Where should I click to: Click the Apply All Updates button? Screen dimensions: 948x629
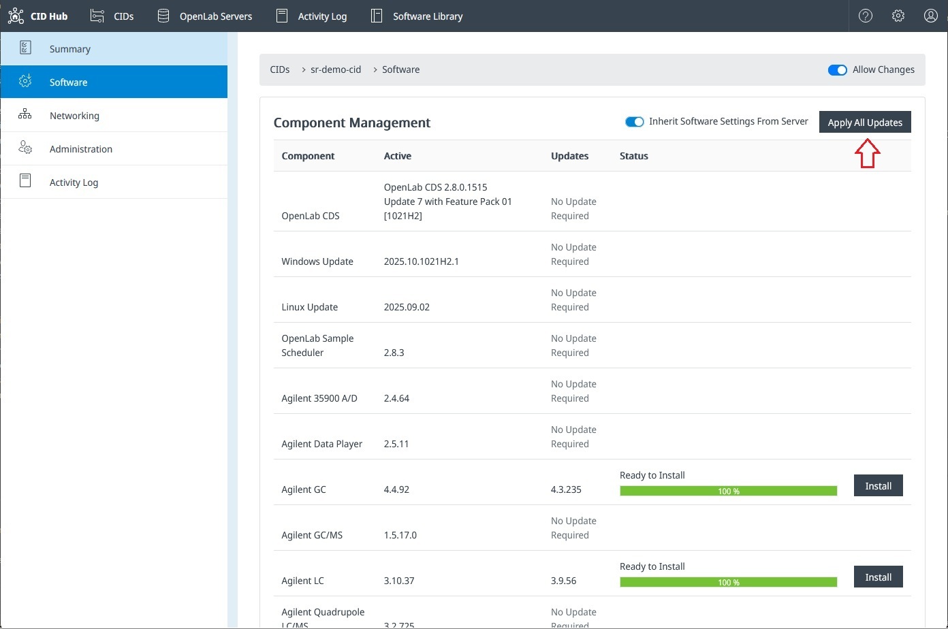pos(865,123)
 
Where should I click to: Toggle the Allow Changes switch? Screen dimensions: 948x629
pos(837,70)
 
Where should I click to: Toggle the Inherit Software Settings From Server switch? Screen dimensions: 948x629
pos(635,122)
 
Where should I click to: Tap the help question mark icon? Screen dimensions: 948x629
pos(865,16)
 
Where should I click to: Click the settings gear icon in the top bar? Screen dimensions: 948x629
pos(898,16)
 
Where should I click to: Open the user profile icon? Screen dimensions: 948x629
pos(930,16)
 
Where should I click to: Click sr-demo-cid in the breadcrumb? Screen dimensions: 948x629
pos(336,69)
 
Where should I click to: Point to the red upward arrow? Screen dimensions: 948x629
pos(867,153)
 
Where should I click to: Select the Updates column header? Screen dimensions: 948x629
pos(569,156)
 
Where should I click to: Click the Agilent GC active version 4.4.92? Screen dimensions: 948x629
pos(396,489)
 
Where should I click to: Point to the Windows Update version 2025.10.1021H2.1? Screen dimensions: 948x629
pos(421,261)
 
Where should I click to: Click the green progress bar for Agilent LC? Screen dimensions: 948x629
pos(728,582)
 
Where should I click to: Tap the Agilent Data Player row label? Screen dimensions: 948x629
pos(321,444)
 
